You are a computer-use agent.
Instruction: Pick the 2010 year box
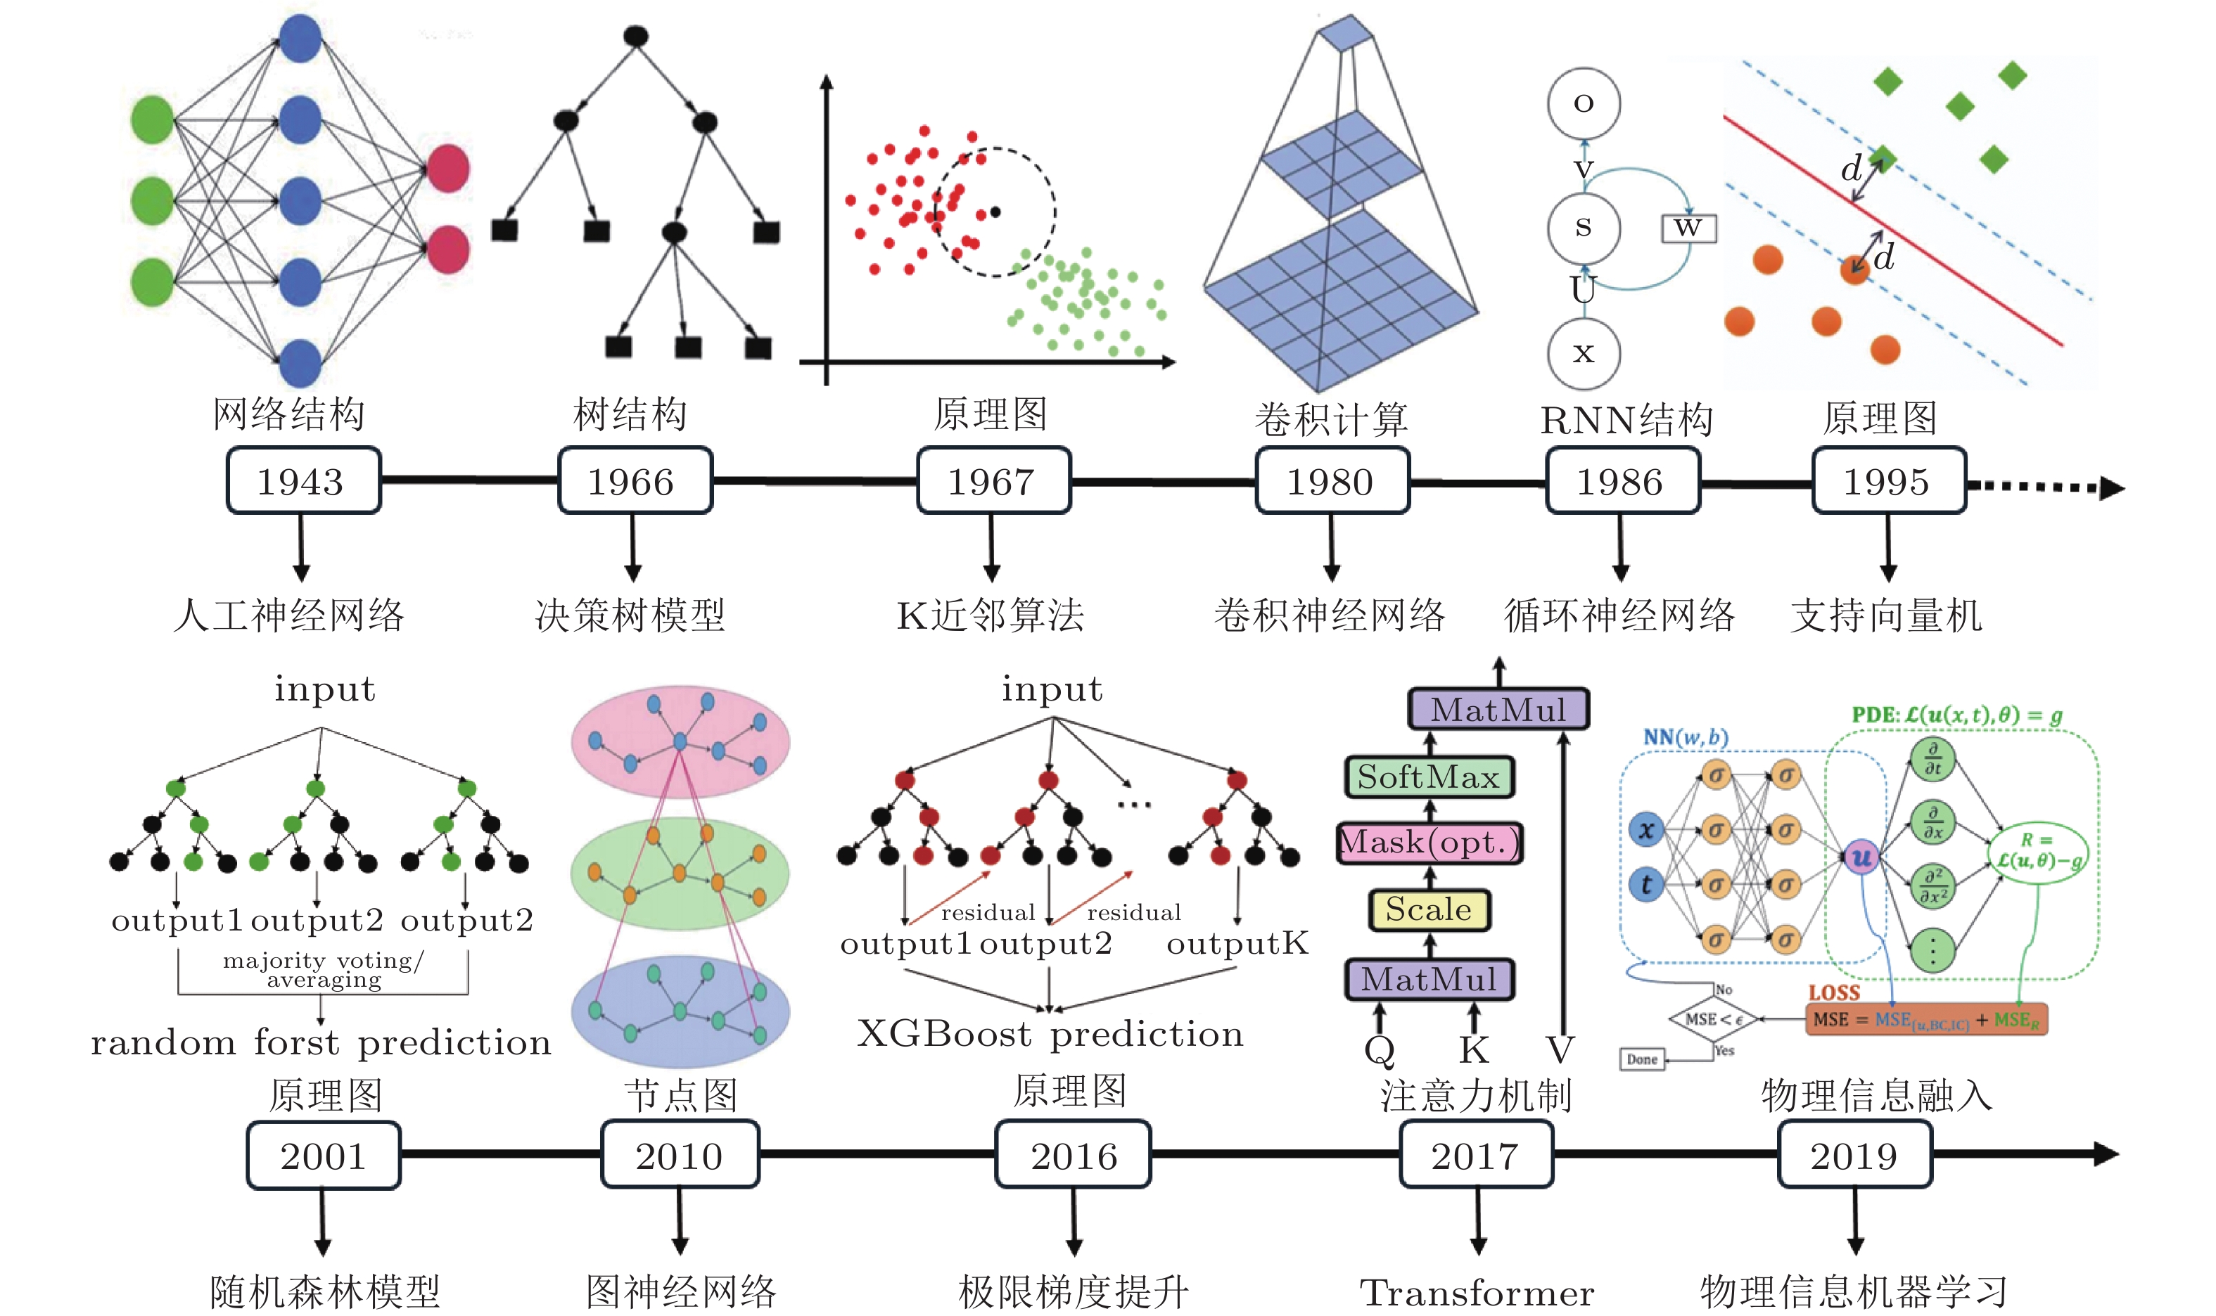680,1156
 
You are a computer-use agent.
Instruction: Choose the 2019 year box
1854,1156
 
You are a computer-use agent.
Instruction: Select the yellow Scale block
1429,911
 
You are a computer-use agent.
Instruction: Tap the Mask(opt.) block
1429,843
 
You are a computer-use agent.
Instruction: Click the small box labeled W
1688,228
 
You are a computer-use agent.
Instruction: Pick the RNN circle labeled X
1583,353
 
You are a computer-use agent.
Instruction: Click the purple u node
1861,857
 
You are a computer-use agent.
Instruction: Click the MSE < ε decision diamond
1713,1020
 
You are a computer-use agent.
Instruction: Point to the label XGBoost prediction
1050,1034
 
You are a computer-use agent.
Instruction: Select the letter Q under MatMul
1379,1051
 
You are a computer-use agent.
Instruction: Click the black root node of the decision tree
636,37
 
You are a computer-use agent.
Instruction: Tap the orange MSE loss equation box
1926,1020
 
